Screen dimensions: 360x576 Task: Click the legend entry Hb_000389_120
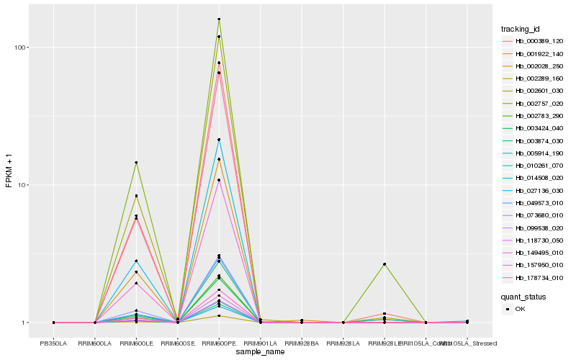(x=534, y=41)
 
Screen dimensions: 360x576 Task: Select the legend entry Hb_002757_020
(x=534, y=104)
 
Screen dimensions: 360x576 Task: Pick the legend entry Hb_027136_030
(x=534, y=191)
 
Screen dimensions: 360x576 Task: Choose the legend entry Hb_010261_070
(x=534, y=166)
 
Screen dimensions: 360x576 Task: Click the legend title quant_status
(x=524, y=296)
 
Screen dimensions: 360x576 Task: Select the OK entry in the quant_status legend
(x=519, y=309)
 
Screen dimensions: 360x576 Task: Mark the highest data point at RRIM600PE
(x=219, y=19)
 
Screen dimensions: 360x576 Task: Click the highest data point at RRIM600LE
(x=136, y=163)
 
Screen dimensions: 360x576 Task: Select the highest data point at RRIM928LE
(x=384, y=264)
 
